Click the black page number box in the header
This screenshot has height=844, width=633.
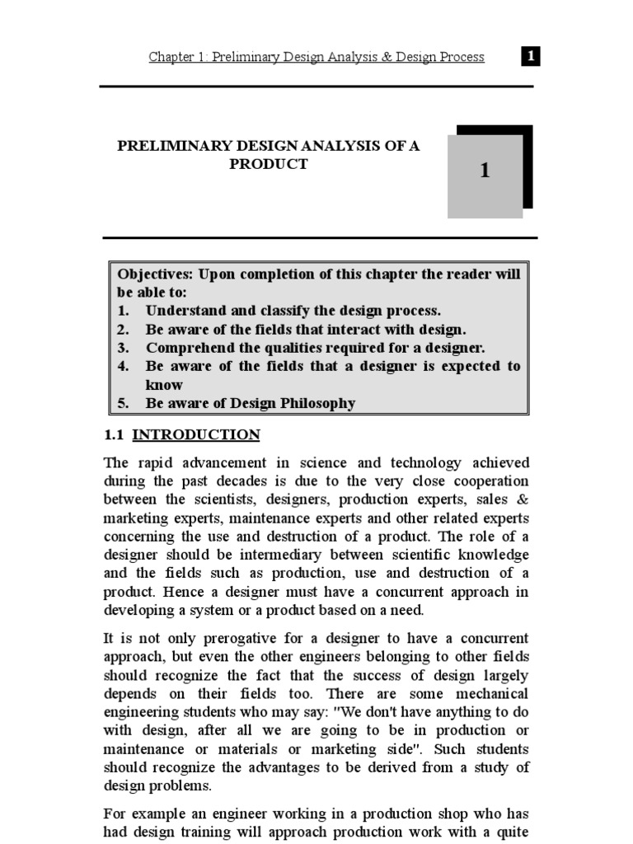[532, 57]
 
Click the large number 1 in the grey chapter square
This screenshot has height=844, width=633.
[485, 171]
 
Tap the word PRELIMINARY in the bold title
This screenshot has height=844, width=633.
[160, 146]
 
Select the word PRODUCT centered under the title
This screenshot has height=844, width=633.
[269, 164]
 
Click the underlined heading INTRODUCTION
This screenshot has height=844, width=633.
[196, 434]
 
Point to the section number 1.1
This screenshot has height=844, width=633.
[114, 434]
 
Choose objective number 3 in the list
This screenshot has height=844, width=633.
[124, 347]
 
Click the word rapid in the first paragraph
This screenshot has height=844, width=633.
[148, 462]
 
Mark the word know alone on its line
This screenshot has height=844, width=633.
[164, 385]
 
